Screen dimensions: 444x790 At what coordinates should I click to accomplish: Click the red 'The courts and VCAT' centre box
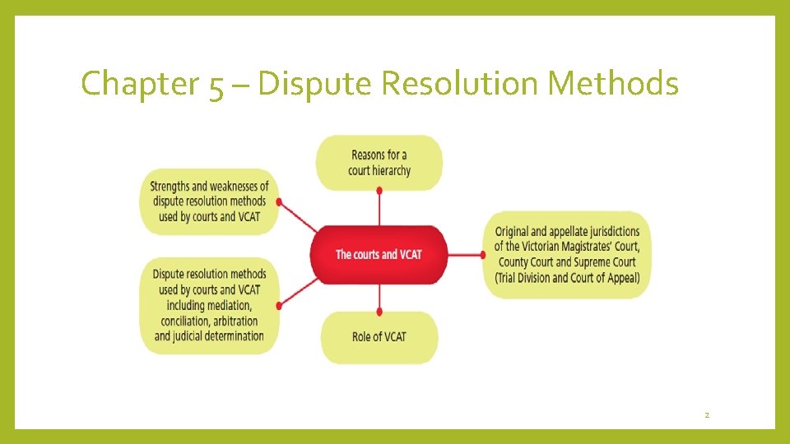coord(379,254)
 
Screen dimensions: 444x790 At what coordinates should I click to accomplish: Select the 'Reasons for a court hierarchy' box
coord(379,163)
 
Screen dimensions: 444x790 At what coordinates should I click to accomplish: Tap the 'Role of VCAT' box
coord(379,336)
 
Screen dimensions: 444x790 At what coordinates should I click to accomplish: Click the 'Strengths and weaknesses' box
coord(210,201)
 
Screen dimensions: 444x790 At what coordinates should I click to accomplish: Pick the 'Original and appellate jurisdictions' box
coord(567,254)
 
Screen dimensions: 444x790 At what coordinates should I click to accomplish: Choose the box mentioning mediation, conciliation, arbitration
coord(209,305)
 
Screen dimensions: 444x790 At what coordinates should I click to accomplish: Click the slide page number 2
coord(706,416)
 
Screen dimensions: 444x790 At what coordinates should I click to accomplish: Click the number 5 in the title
coord(216,86)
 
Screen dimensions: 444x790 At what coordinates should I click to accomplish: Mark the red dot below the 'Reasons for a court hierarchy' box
coord(379,190)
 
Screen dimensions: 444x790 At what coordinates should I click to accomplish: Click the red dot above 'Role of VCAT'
coord(379,312)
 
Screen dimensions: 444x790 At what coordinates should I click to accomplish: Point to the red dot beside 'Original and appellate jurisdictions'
coord(485,255)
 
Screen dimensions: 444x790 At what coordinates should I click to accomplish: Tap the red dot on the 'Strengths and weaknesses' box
coord(280,201)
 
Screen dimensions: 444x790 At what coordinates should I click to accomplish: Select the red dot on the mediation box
coord(280,305)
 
